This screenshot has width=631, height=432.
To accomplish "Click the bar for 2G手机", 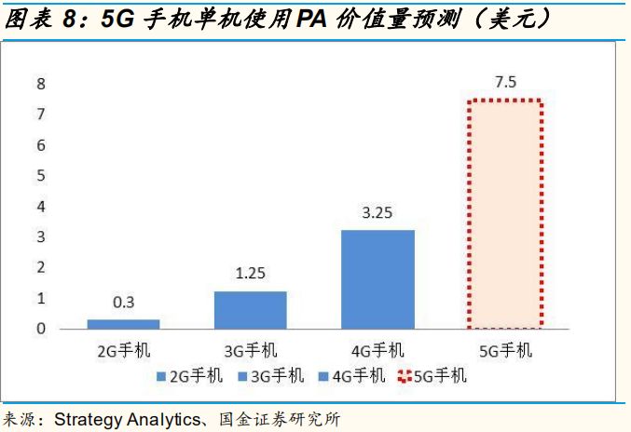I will pyautogui.click(x=124, y=324).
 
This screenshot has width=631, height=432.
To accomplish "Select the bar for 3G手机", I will pyautogui.click(x=251, y=310).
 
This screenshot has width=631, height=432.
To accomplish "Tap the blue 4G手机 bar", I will pyautogui.click(x=377, y=279).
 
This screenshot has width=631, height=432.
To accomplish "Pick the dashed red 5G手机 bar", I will pyautogui.click(x=504, y=214).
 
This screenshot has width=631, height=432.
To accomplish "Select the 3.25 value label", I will pyautogui.click(x=377, y=213).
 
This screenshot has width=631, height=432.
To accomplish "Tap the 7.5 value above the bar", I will pyautogui.click(x=505, y=83).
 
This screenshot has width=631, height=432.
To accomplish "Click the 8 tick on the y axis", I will pyautogui.click(x=41, y=84).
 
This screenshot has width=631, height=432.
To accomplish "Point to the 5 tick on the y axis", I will pyautogui.click(x=41, y=176).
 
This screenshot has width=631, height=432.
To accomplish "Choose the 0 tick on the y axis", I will pyautogui.click(x=41, y=329).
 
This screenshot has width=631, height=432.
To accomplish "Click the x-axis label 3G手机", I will pyautogui.click(x=251, y=350).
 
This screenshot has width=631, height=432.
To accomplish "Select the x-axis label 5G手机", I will pyautogui.click(x=504, y=350).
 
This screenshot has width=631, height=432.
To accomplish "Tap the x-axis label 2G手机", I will pyautogui.click(x=124, y=350).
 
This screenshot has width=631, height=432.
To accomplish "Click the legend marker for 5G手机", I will pyautogui.click(x=405, y=376).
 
